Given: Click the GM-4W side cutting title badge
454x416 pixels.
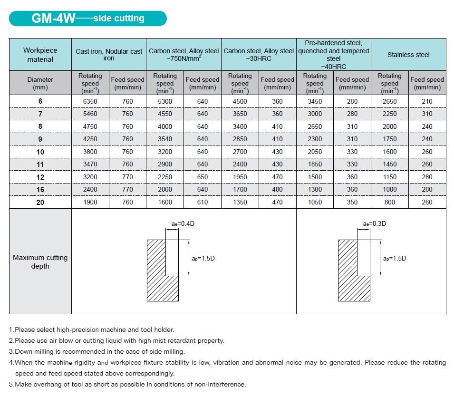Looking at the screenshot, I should (x=88, y=19).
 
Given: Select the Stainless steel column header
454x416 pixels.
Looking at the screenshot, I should (x=408, y=55).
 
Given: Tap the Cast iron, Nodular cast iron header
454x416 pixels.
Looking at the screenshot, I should (x=109, y=55).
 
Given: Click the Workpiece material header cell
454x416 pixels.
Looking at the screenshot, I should (x=40, y=55).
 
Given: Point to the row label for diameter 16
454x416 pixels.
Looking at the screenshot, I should (x=40, y=189).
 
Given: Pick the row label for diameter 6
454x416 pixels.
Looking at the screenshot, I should (x=40, y=101).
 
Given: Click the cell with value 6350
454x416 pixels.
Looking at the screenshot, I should (x=90, y=101).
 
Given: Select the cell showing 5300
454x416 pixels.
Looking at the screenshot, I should (x=165, y=101).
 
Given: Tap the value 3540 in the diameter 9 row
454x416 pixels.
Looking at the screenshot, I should (x=165, y=139).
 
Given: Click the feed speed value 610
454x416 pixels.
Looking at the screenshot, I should (x=203, y=202).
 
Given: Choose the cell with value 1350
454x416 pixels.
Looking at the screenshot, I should (x=240, y=202).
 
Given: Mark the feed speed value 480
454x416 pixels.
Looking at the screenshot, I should (x=278, y=189).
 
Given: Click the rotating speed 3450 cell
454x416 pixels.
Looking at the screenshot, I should (x=315, y=101).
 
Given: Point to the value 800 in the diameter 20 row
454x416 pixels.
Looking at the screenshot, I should (x=390, y=202).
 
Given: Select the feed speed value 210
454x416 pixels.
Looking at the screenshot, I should (x=427, y=101).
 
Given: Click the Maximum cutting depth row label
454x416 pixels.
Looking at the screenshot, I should (x=40, y=261).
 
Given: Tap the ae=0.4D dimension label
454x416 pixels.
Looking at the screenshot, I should (x=183, y=223).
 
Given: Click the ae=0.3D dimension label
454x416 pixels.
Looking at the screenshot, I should (x=374, y=223).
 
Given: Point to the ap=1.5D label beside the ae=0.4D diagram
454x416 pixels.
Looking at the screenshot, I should (x=203, y=258).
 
